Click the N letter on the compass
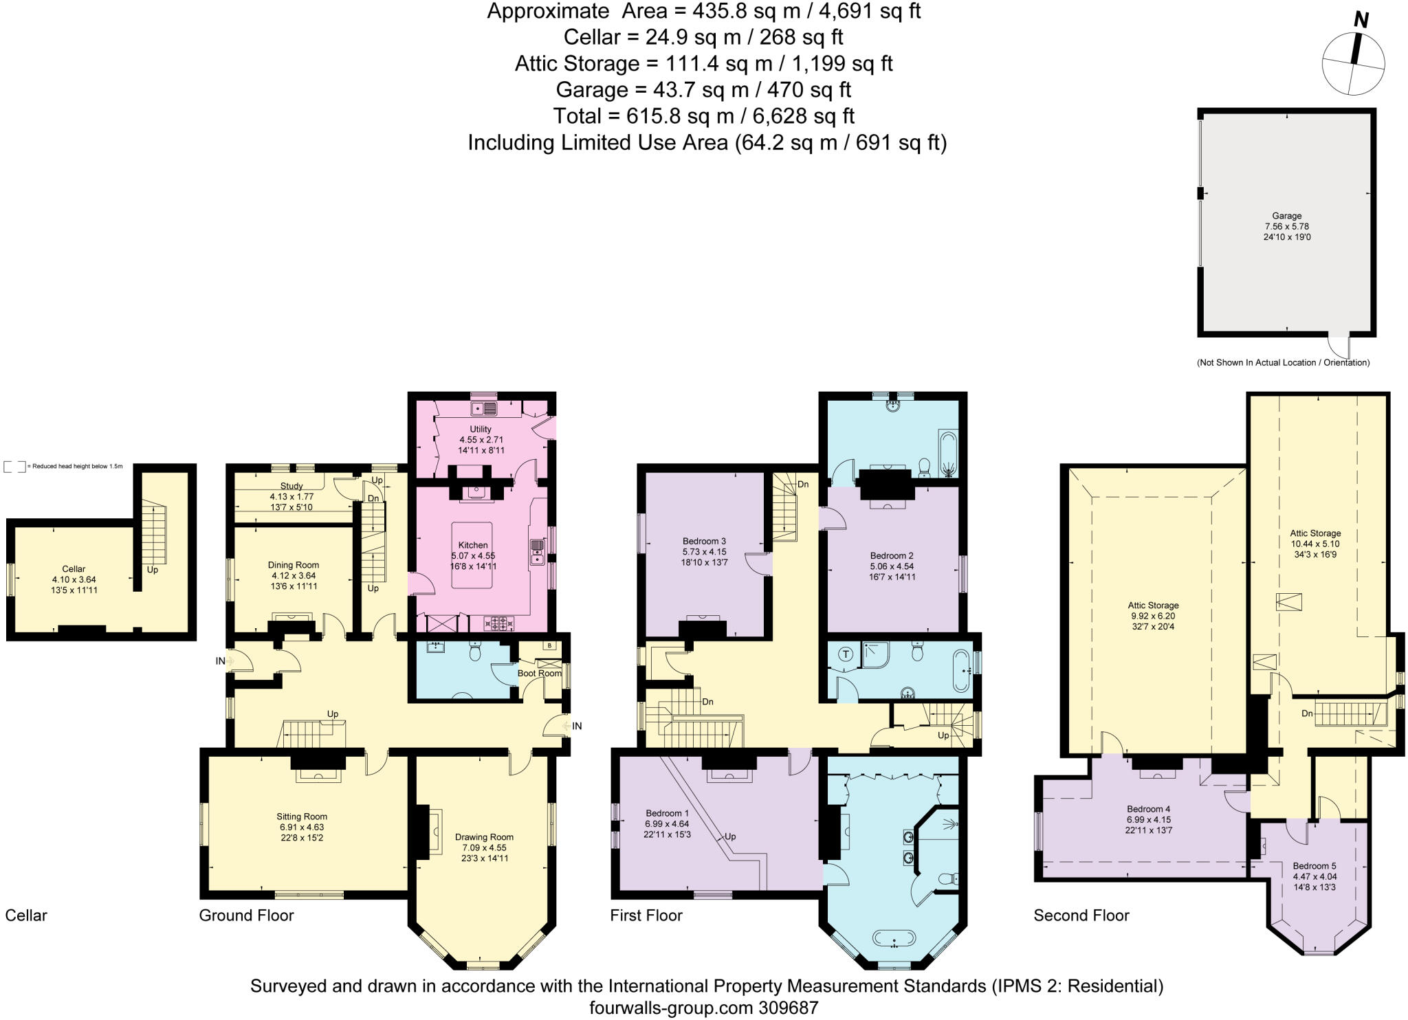click(1361, 21)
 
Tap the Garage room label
click(1286, 215)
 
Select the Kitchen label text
click(473, 545)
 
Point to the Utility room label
click(481, 429)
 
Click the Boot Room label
click(540, 673)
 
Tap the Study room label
click(291, 486)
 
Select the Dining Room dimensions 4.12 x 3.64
click(294, 576)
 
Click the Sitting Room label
click(302, 817)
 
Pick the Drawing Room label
click(484, 837)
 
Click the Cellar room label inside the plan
click(74, 569)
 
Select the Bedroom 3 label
click(704, 541)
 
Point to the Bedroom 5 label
click(1314, 866)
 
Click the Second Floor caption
click(1081, 916)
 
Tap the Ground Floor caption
click(246, 916)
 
